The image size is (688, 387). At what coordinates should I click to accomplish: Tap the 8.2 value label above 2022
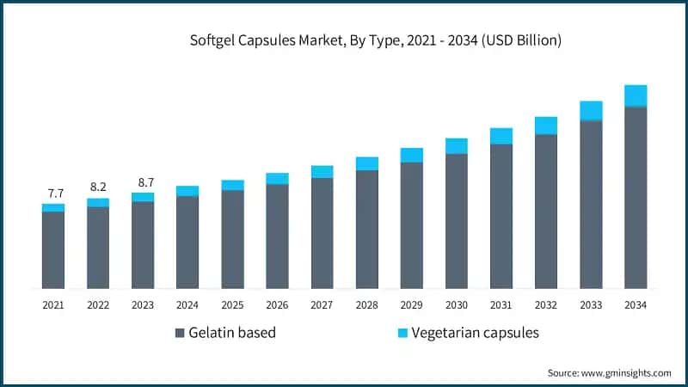point(98,187)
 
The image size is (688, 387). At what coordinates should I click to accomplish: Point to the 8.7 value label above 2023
point(143,181)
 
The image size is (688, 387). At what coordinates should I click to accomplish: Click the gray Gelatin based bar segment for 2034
point(636,198)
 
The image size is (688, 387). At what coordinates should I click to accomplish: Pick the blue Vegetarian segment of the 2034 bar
point(636,95)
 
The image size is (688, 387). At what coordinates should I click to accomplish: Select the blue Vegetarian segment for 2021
point(52,207)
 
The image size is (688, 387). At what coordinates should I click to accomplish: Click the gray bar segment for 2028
point(367,229)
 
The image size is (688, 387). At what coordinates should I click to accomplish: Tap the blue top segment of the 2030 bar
point(457,146)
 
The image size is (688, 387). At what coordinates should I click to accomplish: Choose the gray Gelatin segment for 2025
point(232,239)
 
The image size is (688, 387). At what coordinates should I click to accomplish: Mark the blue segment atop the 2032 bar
point(546,126)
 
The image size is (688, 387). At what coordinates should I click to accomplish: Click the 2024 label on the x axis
point(187,304)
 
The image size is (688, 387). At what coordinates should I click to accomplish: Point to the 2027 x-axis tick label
point(322,304)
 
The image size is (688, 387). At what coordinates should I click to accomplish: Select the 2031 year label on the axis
point(501,304)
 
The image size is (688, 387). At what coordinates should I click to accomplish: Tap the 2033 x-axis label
point(591,304)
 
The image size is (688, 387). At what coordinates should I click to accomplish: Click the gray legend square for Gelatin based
point(180,333)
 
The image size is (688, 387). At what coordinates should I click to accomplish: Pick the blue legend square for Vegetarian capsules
point(402,333)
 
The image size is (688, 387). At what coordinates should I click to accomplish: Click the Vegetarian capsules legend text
point(475,333)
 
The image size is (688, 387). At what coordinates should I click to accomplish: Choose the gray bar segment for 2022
point(98,248)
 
